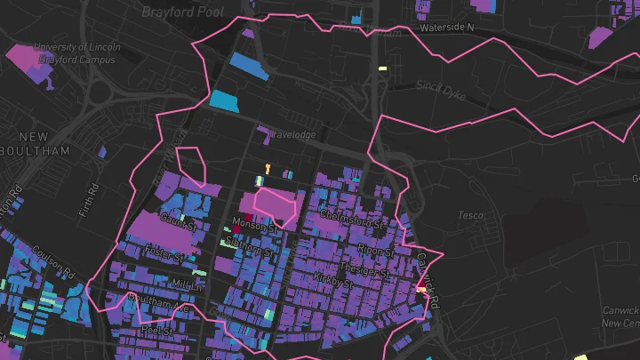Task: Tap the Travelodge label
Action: [x=292, y=134]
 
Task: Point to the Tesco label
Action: [x=470, y=215]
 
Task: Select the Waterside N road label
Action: [x=448, y=28]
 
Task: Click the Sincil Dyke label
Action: [x=440, y=87]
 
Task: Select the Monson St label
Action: [x=255, y=222]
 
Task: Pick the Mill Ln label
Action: [x=187, y=284]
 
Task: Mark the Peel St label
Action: [x=155, y=330]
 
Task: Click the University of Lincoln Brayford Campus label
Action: [x=74, y=53]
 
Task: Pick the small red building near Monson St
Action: [x=237, y=228]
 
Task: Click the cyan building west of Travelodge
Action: [x=225, y=100]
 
